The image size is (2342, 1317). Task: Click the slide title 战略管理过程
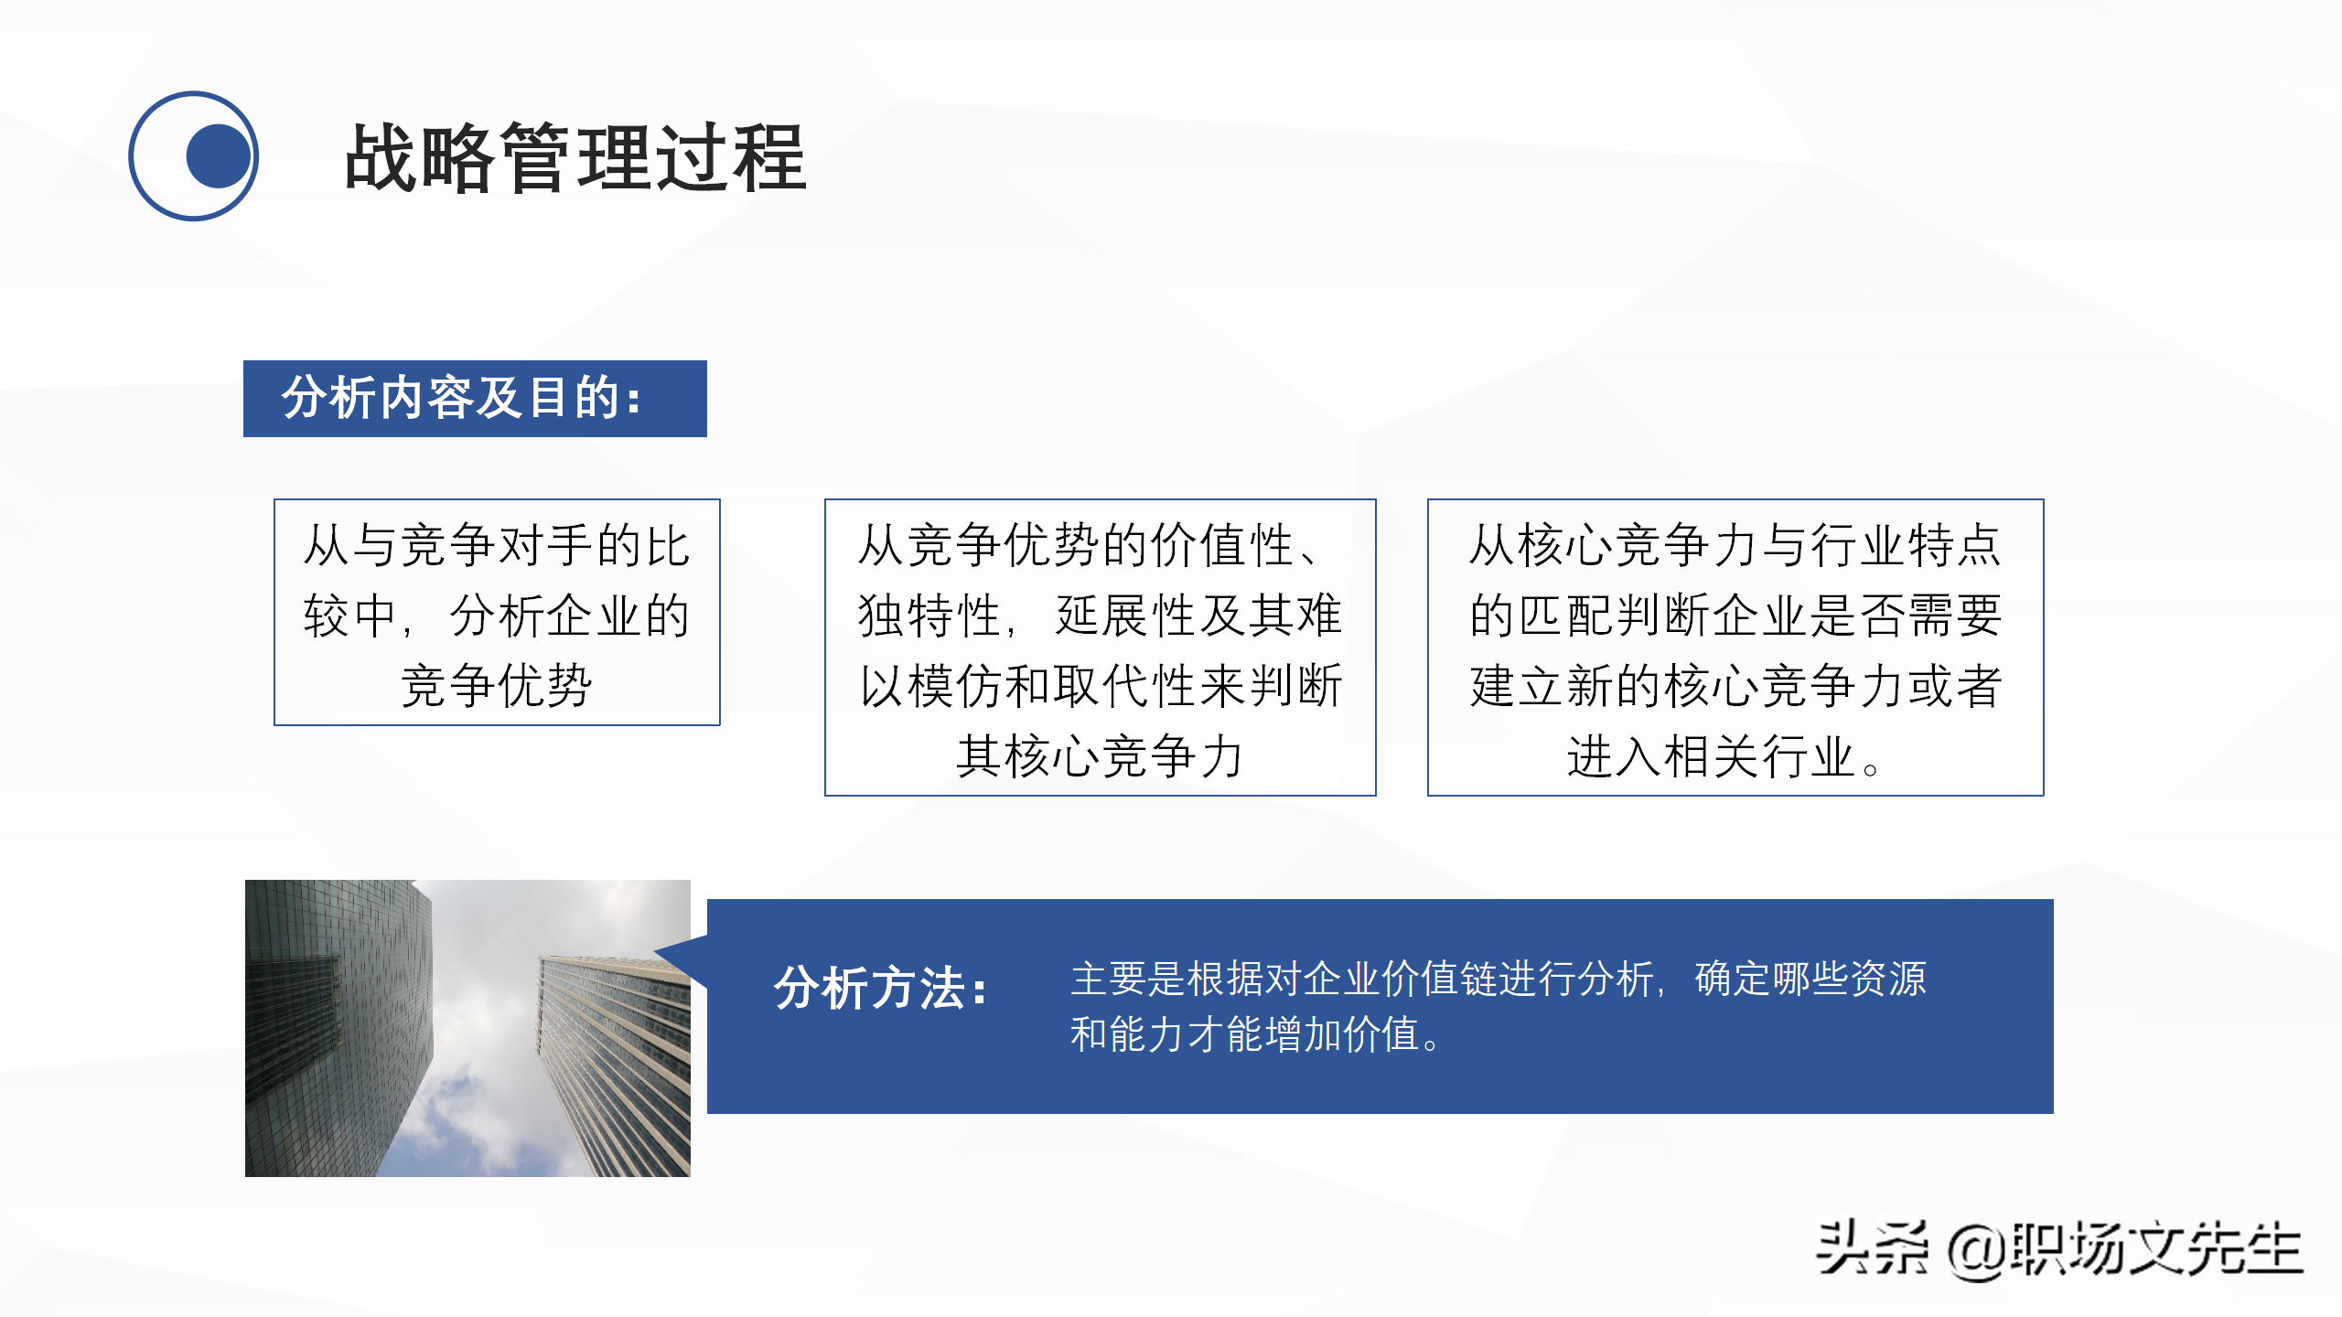575,158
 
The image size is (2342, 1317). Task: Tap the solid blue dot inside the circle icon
218,156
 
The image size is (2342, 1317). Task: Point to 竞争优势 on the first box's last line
496,686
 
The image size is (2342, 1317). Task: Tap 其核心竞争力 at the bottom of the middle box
1100,757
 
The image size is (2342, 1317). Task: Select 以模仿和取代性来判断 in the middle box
1100,686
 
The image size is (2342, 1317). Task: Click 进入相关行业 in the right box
1711,757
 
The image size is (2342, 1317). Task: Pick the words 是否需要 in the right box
1907,616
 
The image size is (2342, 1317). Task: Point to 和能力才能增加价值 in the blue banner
1244,1034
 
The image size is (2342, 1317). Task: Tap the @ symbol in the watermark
1976,1251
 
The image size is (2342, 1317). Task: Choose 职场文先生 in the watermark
2155,1249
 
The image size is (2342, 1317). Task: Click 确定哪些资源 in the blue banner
1810,979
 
